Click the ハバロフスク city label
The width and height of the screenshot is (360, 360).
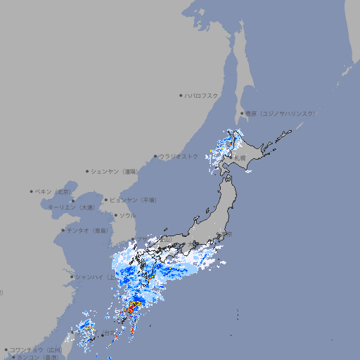[202, 95]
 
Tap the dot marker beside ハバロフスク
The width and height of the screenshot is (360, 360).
[181, 95]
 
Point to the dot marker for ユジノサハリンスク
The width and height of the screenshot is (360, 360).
[242, 113]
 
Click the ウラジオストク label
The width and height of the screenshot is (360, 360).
[179, 156]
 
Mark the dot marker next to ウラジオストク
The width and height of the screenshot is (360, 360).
[155, 156]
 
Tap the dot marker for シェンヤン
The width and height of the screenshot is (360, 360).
[88, 171]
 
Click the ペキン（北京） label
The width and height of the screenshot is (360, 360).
[54, 191]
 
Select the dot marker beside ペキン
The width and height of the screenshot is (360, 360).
[32, 191]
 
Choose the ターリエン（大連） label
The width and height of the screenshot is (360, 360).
[71, 207]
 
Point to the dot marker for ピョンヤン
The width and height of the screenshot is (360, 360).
[107, 200]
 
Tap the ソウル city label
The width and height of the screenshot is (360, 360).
[128, 215]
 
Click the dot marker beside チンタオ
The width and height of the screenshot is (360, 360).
[63, 230]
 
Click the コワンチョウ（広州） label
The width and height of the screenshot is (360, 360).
[36, 349]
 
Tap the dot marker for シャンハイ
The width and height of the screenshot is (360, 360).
[72, 276]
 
